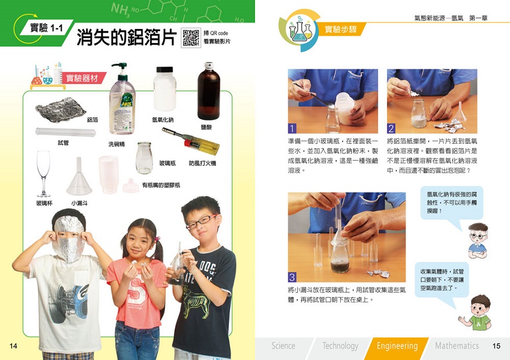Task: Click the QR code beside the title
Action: (x=191, y=38)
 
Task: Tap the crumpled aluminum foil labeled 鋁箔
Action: (x=60, y=110)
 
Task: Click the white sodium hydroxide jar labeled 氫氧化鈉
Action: (x=165, y=89)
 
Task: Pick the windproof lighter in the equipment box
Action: (x=191, y=141)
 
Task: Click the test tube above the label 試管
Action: (x=65, y=132)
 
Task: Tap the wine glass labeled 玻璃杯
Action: (x=43, y=174)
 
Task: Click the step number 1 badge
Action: (x=292, y=128)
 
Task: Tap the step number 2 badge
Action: (x=391, y=128)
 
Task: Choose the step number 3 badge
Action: (x=292, y=277)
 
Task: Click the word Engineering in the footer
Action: (x=397, y=346)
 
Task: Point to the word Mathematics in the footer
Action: (x=457, y=346)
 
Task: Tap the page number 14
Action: (x=13, y=346)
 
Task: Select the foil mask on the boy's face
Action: (x=68, y=238)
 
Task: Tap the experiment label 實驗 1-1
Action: (x=46, y=28)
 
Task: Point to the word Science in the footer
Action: (x=283, y=346)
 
